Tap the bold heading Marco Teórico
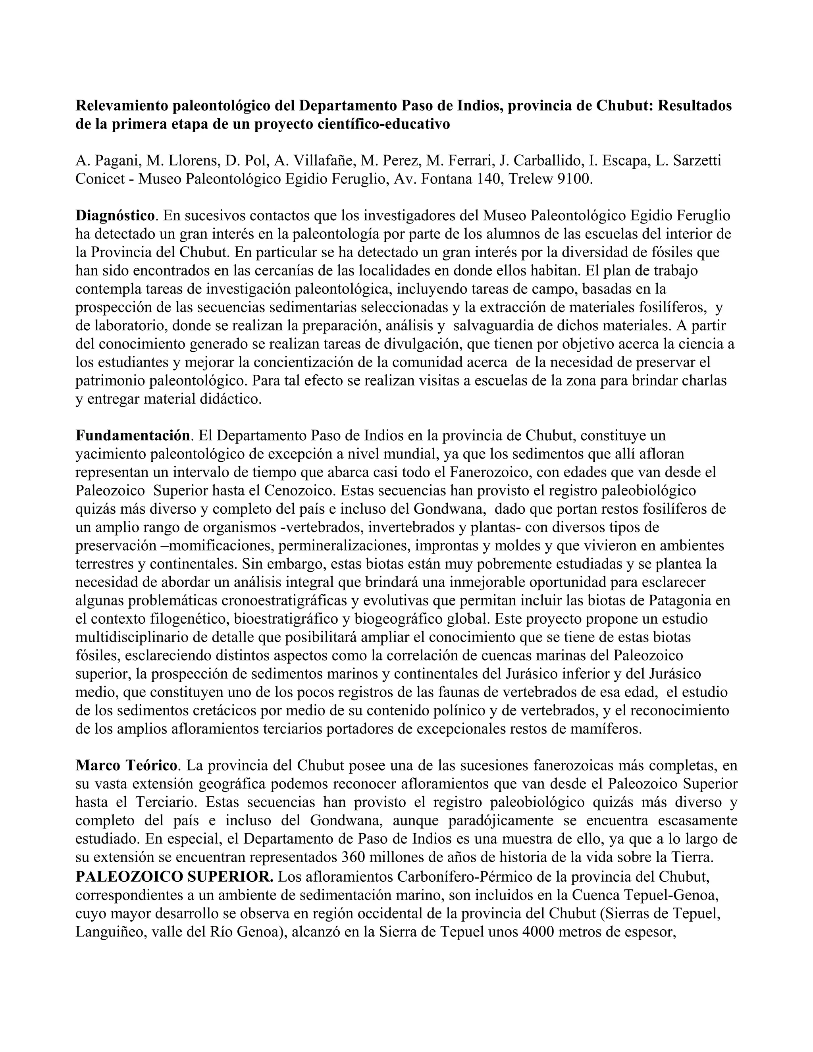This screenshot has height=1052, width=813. point(127,765)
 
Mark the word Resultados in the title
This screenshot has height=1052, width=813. point(695,106)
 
